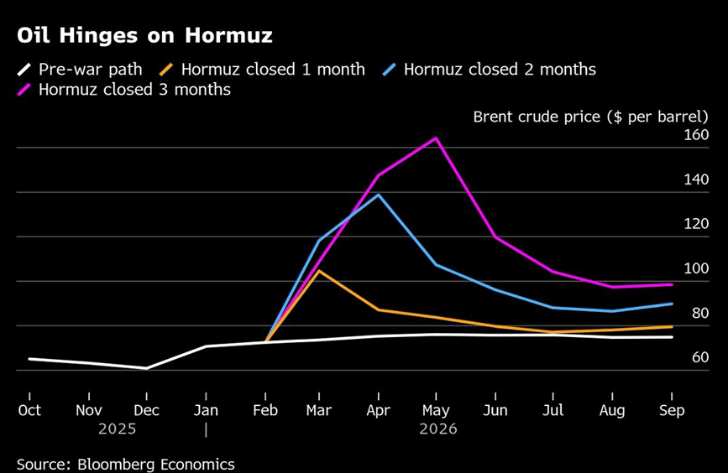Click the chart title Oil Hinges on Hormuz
144,37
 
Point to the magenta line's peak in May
436,138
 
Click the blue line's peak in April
379,195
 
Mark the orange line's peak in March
319,271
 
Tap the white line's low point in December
146,368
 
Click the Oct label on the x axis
29,411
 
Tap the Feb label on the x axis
265,411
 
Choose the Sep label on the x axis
672,411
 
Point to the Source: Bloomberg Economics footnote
126,464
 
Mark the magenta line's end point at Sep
672,284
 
